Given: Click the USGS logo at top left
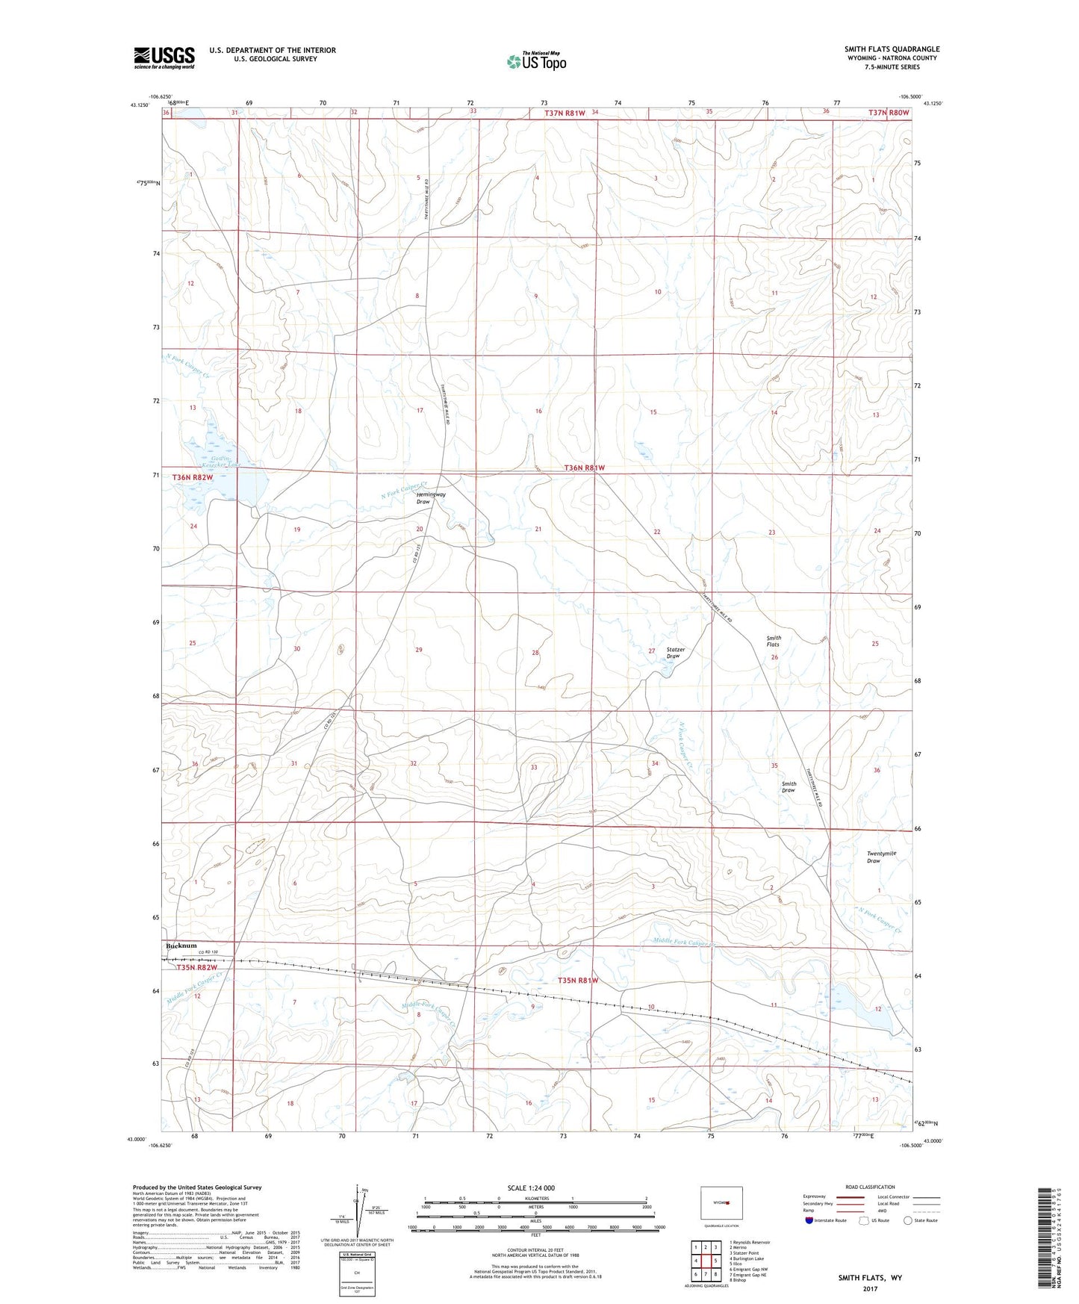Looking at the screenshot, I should [x=164, y=58].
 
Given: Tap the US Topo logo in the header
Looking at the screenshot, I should [x=535, y=61].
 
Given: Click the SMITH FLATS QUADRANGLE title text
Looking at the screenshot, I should [x=892, y=49].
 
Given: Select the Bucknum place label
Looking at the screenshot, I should [x=181, y=946].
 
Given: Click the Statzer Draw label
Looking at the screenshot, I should [x=675, y=653].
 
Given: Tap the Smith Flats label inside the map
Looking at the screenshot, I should [x=774, y=642].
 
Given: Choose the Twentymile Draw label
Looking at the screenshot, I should [x=881, y=857].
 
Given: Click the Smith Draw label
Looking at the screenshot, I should [x=789, y=787].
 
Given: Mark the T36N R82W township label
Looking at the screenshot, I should [x=193, y=477].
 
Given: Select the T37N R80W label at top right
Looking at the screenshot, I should [x=889, y=113].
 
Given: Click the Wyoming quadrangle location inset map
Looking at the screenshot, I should [x=721, y=1202].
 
